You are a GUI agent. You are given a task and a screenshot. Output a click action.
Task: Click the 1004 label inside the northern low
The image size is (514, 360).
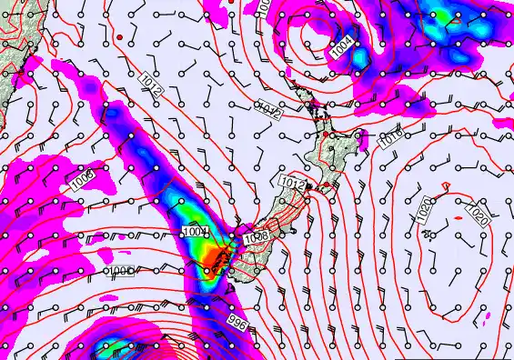343,48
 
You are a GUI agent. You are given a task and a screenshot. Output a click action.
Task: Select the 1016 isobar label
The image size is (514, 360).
390,139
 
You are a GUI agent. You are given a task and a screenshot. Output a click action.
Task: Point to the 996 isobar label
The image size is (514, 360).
237,323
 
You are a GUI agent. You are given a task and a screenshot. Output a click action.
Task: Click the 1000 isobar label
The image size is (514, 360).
121,271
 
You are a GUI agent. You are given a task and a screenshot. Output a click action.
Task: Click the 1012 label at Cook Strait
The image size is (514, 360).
292,183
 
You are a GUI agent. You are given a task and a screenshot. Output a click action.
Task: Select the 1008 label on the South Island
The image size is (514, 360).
257,238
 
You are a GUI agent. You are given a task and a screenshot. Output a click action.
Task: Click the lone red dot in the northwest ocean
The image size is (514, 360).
119,36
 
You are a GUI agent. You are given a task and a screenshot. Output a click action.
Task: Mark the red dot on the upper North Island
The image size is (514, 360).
325,135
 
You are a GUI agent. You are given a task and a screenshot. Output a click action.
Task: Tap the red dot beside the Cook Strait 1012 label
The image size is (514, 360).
310,185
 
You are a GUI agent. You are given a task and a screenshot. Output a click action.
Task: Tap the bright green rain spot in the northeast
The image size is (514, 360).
443,15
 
